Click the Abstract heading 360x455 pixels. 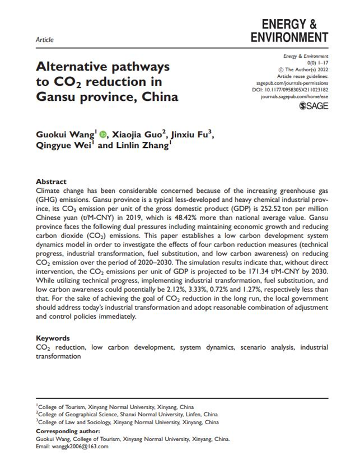coord(51,182)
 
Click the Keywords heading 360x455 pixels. coord(53,338)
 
